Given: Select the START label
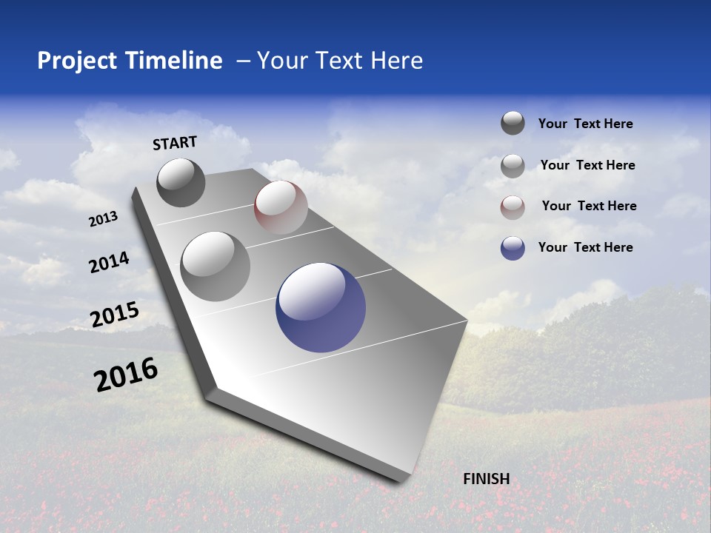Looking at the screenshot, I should pyautogui.click(x=175, y=143).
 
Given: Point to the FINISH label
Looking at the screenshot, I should pyautogui.click(x=487, y=479).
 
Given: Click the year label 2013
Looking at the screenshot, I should pyautogui.click(x=104, y=219).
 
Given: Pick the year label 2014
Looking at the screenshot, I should pyautogui.click(x=109, y=263).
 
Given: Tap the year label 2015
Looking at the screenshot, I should pyautogui.click(x=115, y=315).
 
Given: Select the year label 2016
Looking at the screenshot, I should pyautogui.click(x=126, y=375).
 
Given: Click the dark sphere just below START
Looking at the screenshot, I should pyautogui.click(x=181, y=182).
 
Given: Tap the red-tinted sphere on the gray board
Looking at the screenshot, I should pyautogui.click(x=281, y=207).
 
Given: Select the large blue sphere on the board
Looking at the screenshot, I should pyautogui.click(x=321, y=307).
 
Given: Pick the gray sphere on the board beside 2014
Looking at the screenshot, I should pyautogui.click(x=216, y=266).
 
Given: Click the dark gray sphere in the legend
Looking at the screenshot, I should pyautogui.click(x=513, y=123).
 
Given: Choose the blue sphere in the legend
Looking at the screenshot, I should pyautogui.click(x=513, y=248).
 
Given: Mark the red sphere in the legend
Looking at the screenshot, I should pyautogui.click(x=513, y=207).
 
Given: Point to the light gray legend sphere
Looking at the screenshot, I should pyautogui.click(x=513, y=166).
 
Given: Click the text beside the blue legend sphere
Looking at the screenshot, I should pyautogui.click(x=585, y=247).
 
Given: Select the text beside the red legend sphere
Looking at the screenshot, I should pyautogui.click(x=589, y=206).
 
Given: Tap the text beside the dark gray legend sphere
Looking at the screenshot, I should pyautogui.click(x=585, y=124).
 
